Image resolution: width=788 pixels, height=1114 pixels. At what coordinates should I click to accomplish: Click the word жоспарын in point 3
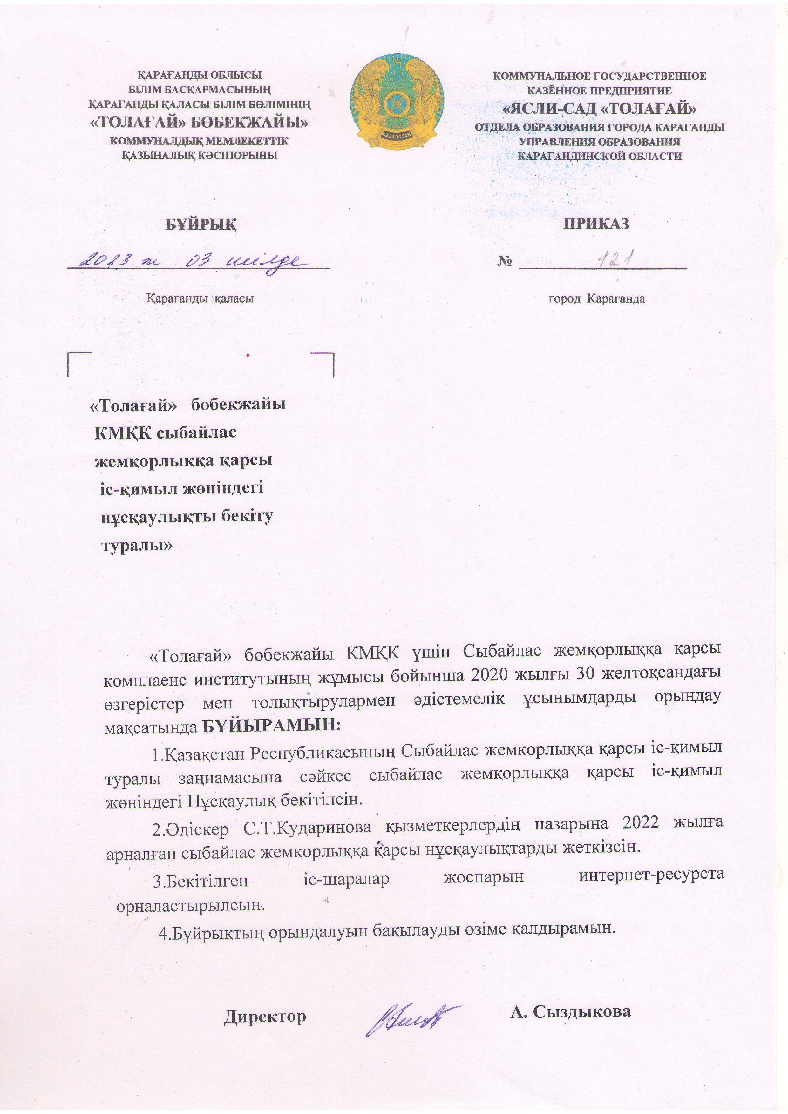484,877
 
